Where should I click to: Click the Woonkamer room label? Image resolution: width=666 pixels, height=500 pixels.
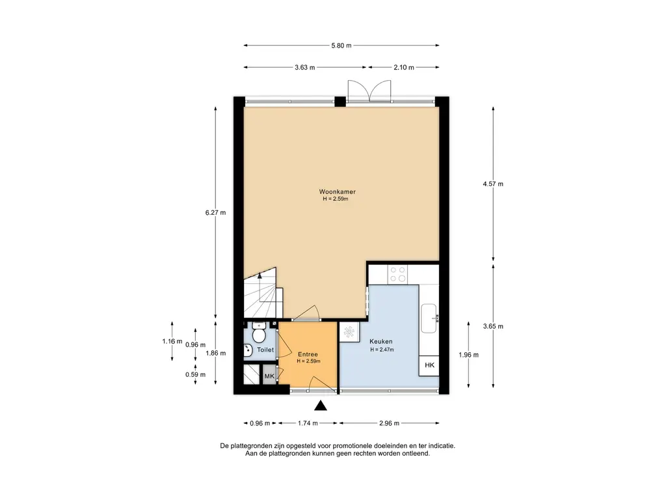tap(338, 192)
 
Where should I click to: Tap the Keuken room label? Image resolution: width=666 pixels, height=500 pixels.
tap(381, 341)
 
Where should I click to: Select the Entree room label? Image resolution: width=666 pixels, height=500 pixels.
tap(308, 354)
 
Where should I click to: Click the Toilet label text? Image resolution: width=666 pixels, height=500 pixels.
tap(265, 350)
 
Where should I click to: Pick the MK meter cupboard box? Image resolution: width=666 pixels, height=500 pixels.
tap(269, 376)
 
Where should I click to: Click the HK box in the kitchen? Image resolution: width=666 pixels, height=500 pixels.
tap(429, 365)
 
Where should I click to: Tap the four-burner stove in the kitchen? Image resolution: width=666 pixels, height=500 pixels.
tap(397, 274)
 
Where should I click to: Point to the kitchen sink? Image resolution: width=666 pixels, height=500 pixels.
tap(429, 318)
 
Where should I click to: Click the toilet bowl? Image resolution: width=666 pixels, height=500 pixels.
tap(259, 333)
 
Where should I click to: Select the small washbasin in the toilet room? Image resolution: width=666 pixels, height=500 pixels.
tap(248, 351)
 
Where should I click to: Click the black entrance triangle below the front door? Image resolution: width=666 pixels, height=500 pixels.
tap(321, 406)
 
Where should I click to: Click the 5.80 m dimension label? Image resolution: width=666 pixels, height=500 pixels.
tap(341, 46)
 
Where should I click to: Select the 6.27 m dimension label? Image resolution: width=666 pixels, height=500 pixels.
tap(215, 213)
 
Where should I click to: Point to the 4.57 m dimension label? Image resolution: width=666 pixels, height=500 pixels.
tap(493, 184)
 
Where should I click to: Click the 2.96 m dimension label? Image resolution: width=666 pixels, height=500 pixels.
tap(389, 423)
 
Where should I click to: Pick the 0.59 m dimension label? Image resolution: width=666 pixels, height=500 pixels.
tap(195, 374)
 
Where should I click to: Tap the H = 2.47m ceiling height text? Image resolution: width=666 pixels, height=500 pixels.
tap(382, 350)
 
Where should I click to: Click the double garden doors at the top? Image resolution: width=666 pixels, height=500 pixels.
tap(369, 91)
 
